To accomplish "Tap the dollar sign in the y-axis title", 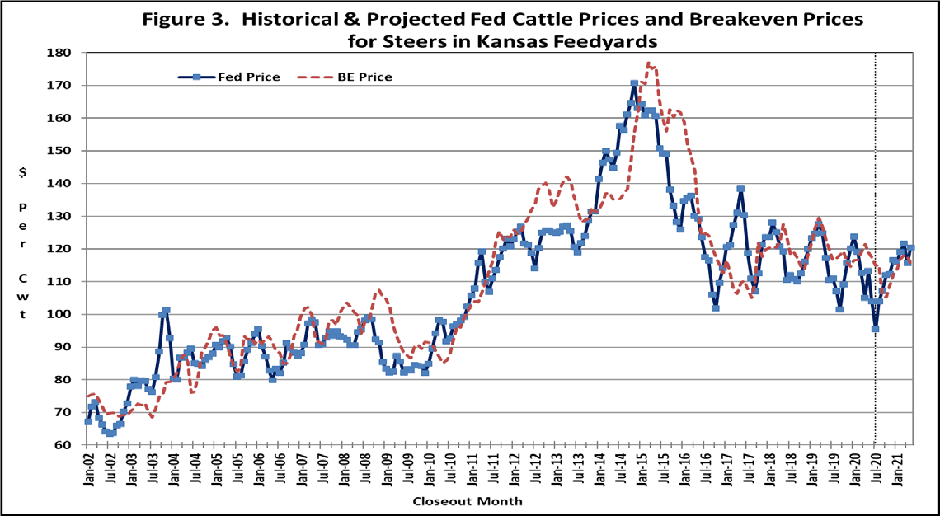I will (23, 172).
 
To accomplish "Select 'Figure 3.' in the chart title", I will (181, 19).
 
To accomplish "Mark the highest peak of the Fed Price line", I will (633, 83).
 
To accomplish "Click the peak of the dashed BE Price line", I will (649, 63).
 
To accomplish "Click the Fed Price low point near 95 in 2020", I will (875, 329).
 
